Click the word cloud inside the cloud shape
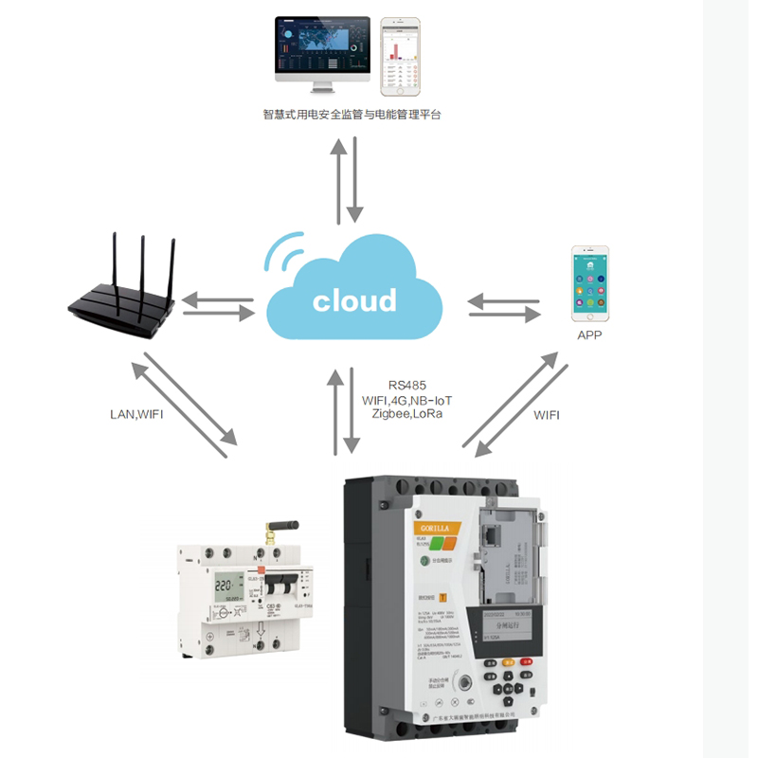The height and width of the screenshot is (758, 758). pos(354,300)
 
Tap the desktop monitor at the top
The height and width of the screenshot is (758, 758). pos(322,51)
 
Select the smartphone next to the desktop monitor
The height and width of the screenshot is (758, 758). pos(400,56)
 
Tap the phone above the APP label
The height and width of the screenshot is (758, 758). pos(589,283)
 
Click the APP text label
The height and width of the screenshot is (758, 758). pos(589,335)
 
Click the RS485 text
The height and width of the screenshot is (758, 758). pos(407,386)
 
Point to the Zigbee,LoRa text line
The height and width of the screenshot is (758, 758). pos(407,414)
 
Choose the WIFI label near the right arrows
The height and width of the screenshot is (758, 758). pos(547,414)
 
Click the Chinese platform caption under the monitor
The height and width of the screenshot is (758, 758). pos(352,115)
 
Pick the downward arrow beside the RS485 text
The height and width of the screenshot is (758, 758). pos(352,410)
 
